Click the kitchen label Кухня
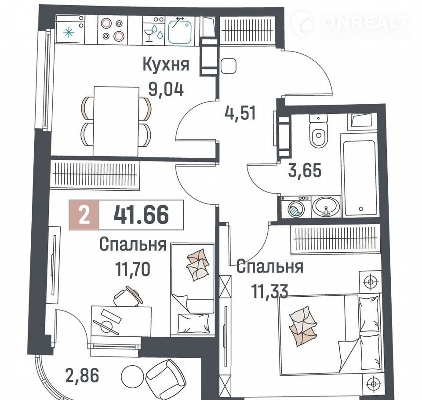coord(166,65)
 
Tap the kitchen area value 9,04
coord(166,89)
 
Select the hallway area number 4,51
coord(240,113)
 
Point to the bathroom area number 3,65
coord(305,171)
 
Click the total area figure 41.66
coord(141,215)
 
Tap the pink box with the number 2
coord(84,215)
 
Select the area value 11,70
coord(132,269)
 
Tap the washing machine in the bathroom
coord(296,207)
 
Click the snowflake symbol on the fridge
coord(69,33)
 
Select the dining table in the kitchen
coord(116,121)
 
